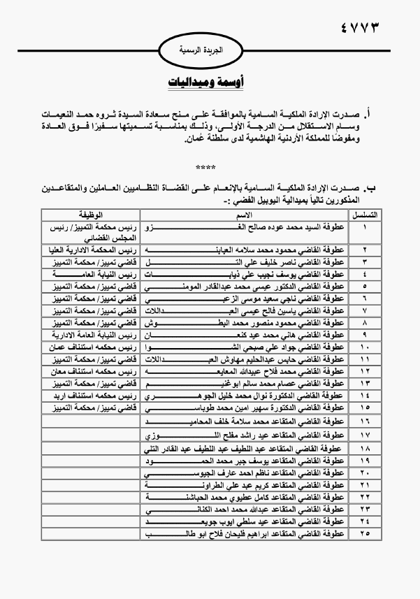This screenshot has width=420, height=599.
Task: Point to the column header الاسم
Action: tap(246, 213)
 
